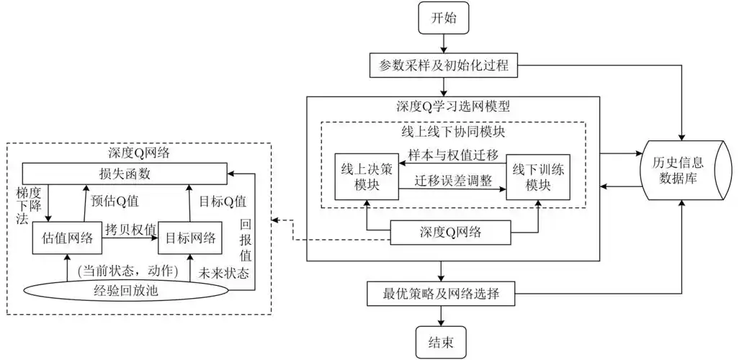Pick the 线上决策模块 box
tap(367, 176)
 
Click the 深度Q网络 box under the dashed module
tap(452, 233)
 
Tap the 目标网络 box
tap(189, 238)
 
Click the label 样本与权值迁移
tap(454, 156)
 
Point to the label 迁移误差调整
tap(454, 183)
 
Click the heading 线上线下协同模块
tap(453, 132)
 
